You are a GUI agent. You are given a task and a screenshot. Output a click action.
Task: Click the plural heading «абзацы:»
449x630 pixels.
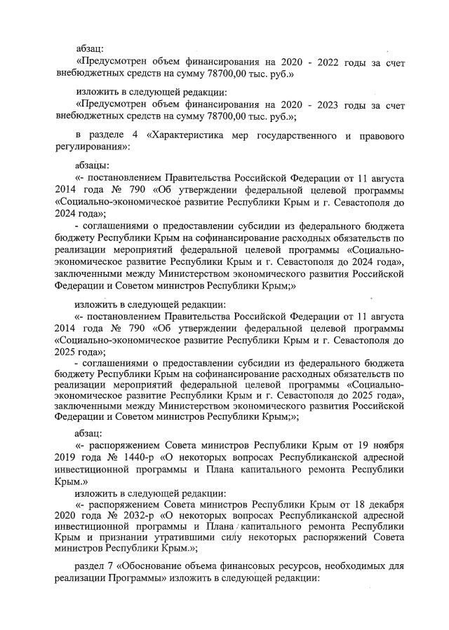pyautogui.click(x=91, y=163)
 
